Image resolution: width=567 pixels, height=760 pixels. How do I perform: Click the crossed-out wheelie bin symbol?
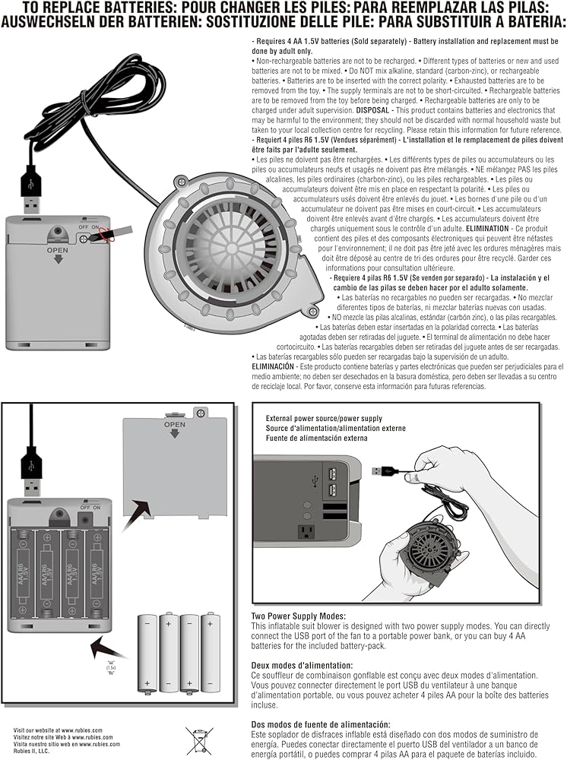click(x=197, y=739)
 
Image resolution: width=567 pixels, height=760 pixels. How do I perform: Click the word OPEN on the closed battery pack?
click(x=58, y=249)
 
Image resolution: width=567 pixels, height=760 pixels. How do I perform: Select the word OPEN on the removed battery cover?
click(x=174, y=424)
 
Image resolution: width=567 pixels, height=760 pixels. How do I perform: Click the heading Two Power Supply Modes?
click(x=298, y=616)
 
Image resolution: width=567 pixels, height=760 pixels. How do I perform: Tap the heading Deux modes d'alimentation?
click(x=299, y=665)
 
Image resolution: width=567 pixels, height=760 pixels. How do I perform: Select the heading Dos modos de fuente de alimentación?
click(x=321, y=724)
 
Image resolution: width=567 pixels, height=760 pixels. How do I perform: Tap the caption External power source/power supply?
click(x=324, y=419)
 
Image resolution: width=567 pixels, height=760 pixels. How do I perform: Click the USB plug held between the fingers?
click(x=386, y=471)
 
